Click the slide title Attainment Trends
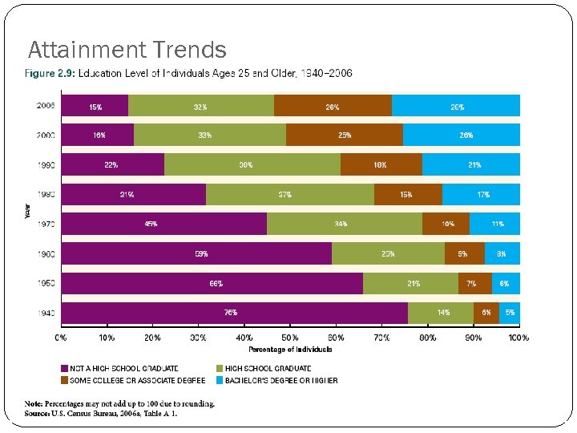click(127, 51)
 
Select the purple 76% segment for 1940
click(233, 313)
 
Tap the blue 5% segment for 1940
click(510, 313)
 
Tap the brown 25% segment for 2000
click(345, 135)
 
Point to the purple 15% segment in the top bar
click(95, 106)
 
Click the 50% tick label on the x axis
click(290, 338)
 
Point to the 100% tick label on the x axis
click(518, 338)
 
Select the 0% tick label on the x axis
click(61, 338)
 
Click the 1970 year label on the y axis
click(46, 224)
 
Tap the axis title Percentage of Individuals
click(290, 349)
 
